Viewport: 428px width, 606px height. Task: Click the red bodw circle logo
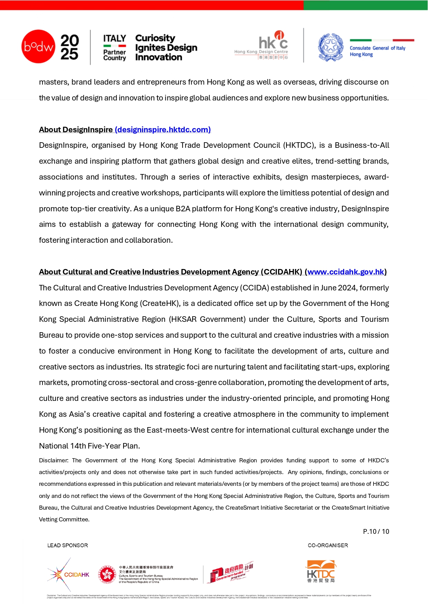[x=38, y=47]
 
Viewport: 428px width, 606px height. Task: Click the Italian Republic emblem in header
[x=331, y=47]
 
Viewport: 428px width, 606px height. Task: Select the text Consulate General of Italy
[x=377, y=48]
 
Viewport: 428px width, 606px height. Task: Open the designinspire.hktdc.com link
[x=163, y=130]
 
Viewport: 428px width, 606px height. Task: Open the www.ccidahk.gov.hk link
[x=346, y=272]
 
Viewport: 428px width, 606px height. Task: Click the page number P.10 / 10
[x=376, y=532]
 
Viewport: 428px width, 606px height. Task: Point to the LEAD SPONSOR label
[x=68, y=546]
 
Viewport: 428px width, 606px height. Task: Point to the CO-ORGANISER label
[x=328, y=546]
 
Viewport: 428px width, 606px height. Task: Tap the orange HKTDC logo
[x=321, y=571]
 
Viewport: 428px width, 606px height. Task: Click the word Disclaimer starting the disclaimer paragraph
[x=53, y=461]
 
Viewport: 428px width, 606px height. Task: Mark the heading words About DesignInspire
[x=76, y=130]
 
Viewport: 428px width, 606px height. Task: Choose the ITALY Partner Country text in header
[x=115, y=48]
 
